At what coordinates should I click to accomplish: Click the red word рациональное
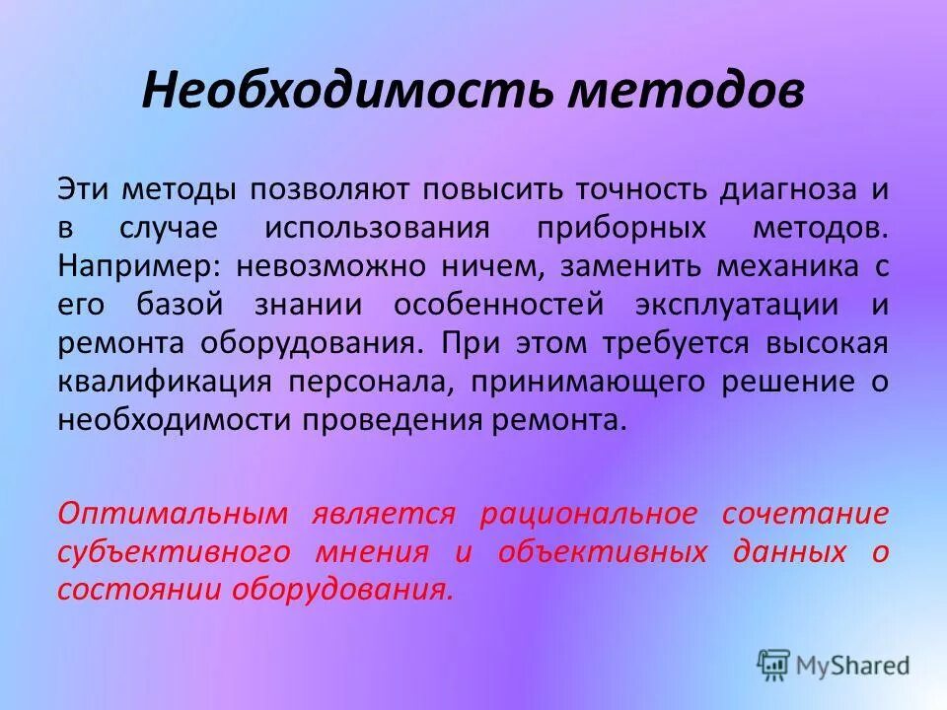[x=587, y=513]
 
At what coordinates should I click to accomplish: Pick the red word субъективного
[x=174, y=551]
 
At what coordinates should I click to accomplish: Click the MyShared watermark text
[x=854, y=664]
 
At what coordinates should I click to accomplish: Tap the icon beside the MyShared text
[x=774, y=664]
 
